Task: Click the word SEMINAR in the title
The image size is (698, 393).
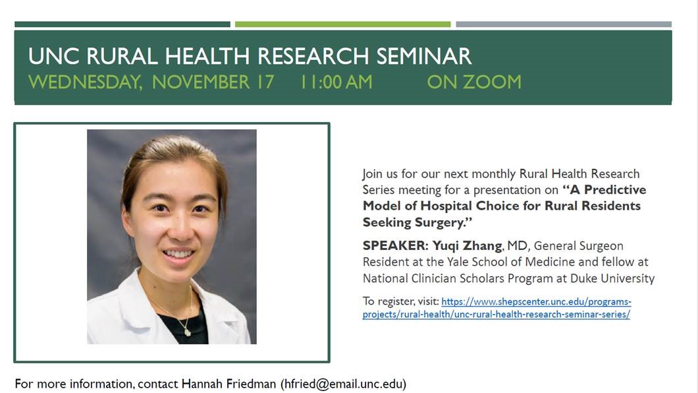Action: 423,56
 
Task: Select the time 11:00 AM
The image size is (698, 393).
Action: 336,82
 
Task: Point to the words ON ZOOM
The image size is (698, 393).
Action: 474,82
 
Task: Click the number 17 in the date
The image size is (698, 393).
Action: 265,82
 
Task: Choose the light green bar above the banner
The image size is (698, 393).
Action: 343,24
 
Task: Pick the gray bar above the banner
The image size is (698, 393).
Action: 564,24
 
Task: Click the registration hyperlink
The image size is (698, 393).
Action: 497,308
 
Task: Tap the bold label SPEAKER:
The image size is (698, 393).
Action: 395,245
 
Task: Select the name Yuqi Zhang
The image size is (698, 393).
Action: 467,246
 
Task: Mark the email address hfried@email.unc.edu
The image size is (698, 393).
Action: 343,384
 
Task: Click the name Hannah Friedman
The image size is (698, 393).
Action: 228,384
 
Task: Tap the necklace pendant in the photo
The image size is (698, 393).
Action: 188,332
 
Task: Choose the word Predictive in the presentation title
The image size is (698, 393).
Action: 615,190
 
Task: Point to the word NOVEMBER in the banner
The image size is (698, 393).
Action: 201,82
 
